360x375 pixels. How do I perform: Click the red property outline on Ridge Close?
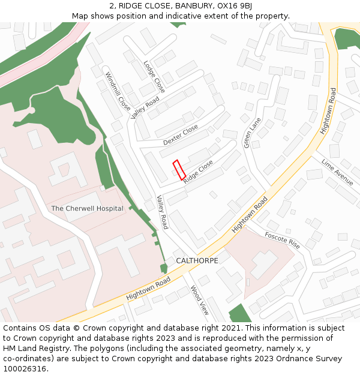pyautogui.click(x=179, y=170)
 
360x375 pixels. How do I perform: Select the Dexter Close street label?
pyautogui.click(x=180, y=135)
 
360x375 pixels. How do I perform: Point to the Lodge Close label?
pyautogui.click(x=154, y=77)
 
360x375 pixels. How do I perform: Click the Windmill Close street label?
pyautogui.click(x=118, y=92)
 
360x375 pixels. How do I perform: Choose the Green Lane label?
pyautogui.click(x=253, y=133)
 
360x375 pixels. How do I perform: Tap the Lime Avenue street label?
pyautogui.click(x=337, y=172)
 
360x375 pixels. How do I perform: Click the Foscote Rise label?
pyautogui.click(x=282, y=240)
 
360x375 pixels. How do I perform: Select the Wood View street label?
pyautogui.click(x=200, y=300)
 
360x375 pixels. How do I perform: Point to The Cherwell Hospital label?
pyautogui.click(x=87, y=209)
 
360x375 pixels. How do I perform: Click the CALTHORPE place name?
pyautogui.click(x=197, y=260)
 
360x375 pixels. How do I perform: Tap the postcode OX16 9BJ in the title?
pyautogui.click(x=231, y=5)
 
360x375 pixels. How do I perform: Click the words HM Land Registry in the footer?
pyautogui.click(x=31, y=348)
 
